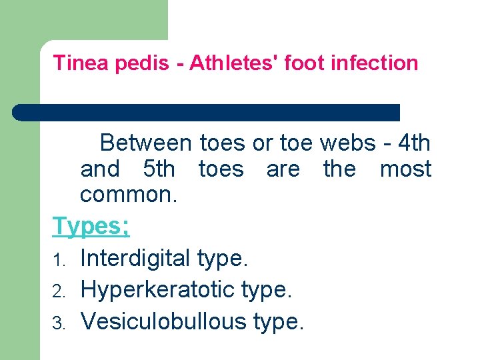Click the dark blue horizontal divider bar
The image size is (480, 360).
207,112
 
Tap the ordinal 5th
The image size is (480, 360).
159,169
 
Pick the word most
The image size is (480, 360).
405,169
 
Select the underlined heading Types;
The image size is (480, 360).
91,227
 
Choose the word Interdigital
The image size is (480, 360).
135,258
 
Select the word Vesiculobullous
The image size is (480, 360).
163,321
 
